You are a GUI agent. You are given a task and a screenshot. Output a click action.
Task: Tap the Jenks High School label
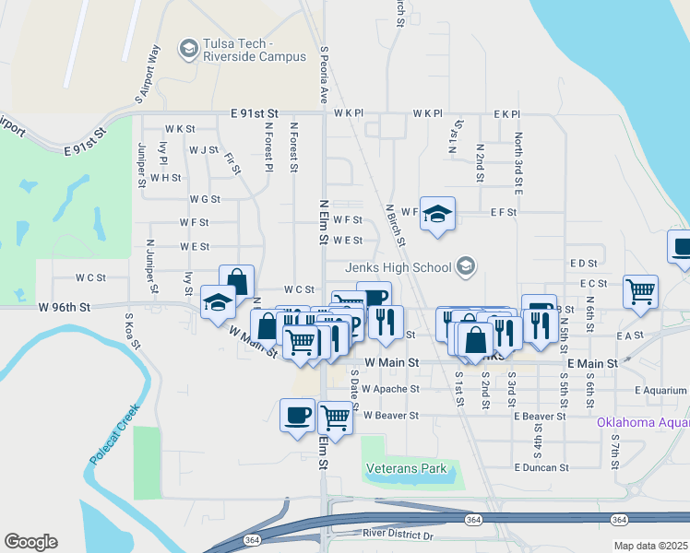pyautogui.click(x=398, y=267)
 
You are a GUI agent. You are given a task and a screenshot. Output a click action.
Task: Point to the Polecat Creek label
pyautogui.click(x=113, y=434)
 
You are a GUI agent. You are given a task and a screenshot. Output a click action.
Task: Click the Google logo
pyautogui.click(x=30, y=542)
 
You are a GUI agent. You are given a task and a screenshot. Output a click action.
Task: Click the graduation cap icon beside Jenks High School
pyautogui.click(x=466, y=267)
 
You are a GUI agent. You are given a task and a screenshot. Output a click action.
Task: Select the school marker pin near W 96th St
pyautogui.click(x=218, y=303)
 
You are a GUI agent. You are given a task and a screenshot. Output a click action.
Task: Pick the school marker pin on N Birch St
pyautogui.click(x=437, y=214)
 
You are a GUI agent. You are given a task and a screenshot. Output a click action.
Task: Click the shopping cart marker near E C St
pyautogui.click(x=640, y=290)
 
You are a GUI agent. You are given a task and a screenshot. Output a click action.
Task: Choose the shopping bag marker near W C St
pyautogui.click(x=236, y=281)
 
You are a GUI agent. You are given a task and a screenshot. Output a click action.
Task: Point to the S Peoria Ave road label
pyautogui.click(x=324, y=73)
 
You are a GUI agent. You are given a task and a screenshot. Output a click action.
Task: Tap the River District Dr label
pyautogui.click(x=399, y=534)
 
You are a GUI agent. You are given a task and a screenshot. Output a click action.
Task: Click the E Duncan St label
pyautogui.click(x=544, y=468)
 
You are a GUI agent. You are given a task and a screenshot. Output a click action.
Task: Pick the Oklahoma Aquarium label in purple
pyautogui.click(x=643, y=423)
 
